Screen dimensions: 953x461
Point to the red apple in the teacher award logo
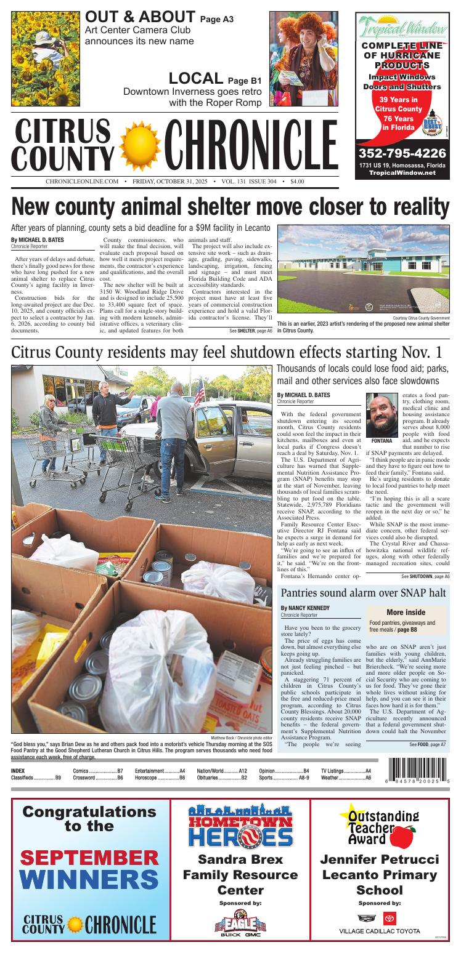click(404, 837)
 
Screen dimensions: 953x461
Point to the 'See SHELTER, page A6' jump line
click(250, 331)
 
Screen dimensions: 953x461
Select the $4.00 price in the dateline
click(297, 182)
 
